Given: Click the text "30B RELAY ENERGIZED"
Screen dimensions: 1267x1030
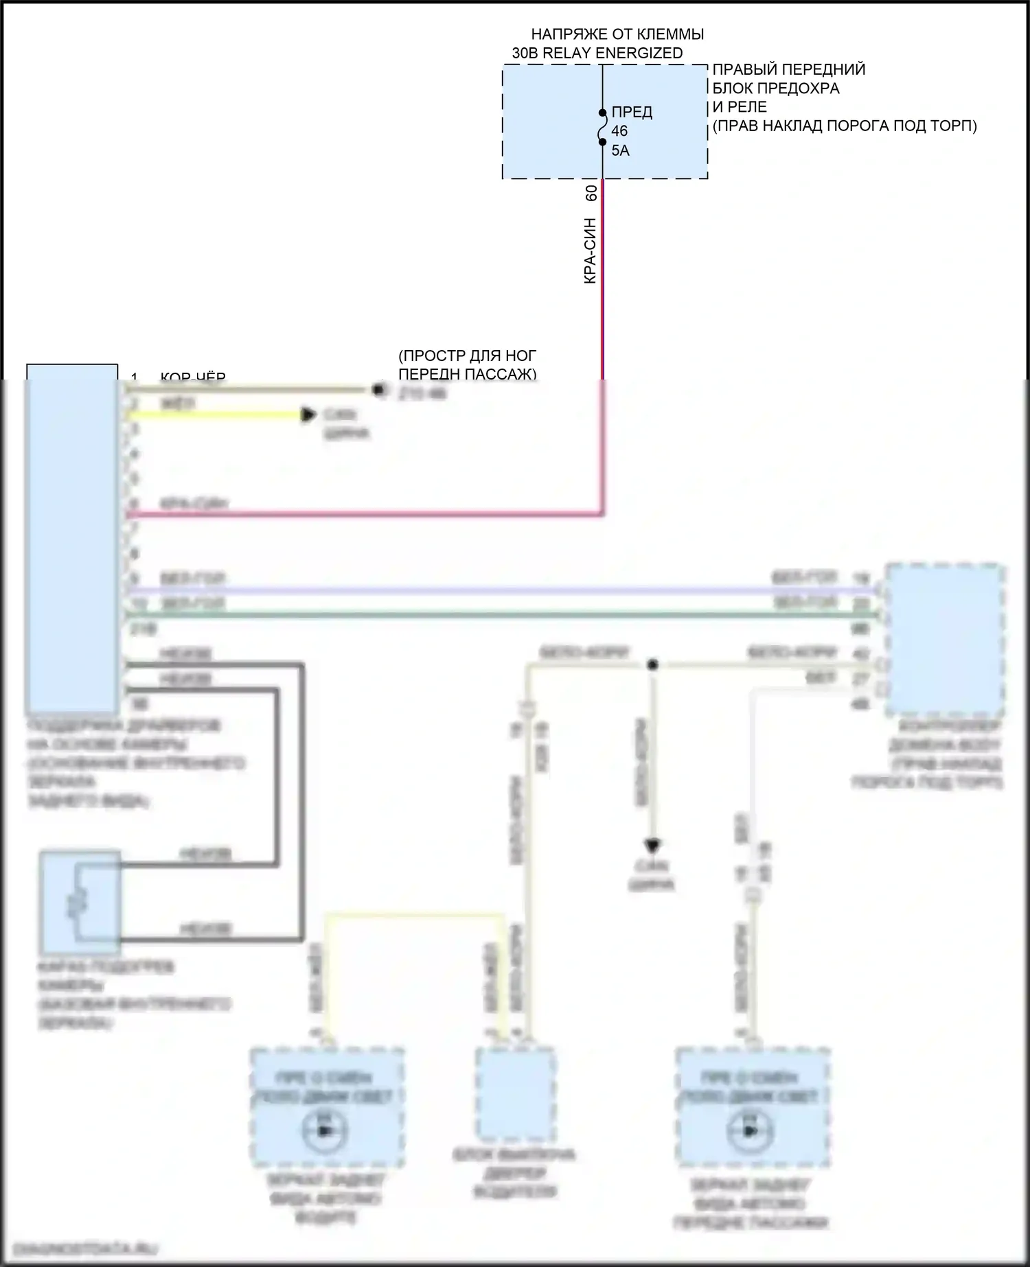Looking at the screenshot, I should tap(597, 53).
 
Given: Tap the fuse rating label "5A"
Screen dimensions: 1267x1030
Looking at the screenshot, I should tap(620, 150).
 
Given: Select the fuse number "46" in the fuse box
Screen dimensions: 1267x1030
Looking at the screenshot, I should tap(619, 131).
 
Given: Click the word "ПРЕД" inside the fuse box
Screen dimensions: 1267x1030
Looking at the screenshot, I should tap(632, 112).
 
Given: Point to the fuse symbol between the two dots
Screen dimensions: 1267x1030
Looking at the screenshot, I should tap(602, 128).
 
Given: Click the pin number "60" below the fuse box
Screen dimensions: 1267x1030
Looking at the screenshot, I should tap(591, 194).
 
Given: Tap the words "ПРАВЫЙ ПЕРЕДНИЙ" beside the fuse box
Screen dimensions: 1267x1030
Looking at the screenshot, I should tap(788, 69).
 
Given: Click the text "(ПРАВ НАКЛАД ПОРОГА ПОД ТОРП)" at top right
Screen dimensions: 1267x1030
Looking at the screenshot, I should tap(844, 126).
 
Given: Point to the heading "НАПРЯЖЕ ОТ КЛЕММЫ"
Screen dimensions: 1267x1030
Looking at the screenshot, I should tap(617, 34).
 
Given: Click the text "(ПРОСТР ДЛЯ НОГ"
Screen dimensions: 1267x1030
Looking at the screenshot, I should tap(467, 356).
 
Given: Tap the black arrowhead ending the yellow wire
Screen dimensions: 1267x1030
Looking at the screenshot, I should tap(310, 415).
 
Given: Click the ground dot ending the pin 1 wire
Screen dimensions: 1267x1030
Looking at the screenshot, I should tap(377, 390).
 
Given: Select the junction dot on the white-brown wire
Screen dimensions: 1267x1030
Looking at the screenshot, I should tap(652, 664).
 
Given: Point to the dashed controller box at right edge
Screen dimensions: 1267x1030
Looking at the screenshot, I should tap(945, 640).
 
